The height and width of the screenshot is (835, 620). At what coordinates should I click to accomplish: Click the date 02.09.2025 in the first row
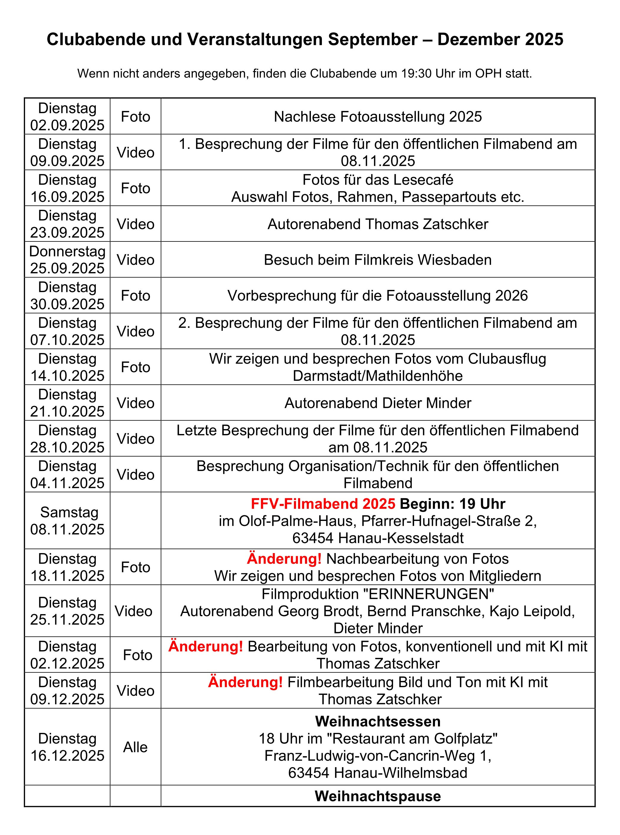pos(67,125)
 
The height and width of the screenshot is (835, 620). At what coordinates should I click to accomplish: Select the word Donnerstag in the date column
pos(67,251)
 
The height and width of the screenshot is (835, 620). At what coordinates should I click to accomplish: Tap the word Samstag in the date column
pos(69,512)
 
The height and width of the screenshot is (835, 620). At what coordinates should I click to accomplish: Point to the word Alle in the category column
pos(135,747)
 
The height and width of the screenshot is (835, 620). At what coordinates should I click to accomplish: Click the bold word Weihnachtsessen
pos(378,721)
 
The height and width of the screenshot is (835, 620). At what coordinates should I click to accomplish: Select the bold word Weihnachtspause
pos(378,796)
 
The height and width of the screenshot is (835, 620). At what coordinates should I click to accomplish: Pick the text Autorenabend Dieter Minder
pos(378,403)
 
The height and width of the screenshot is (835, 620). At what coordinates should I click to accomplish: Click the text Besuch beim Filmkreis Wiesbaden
pos(378,260)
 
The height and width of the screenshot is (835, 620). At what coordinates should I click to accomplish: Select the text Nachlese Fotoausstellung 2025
pos(378,117)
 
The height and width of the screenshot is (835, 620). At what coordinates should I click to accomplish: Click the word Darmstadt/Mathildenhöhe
pos(378,376)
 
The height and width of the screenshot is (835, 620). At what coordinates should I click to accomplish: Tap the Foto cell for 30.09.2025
pos(135,296)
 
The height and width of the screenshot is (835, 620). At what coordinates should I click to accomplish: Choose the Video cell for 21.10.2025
pos(135,403)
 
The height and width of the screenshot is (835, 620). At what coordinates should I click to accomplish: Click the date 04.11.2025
pos(67,483)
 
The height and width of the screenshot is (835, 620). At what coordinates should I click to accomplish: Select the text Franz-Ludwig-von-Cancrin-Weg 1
pos(378,756)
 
